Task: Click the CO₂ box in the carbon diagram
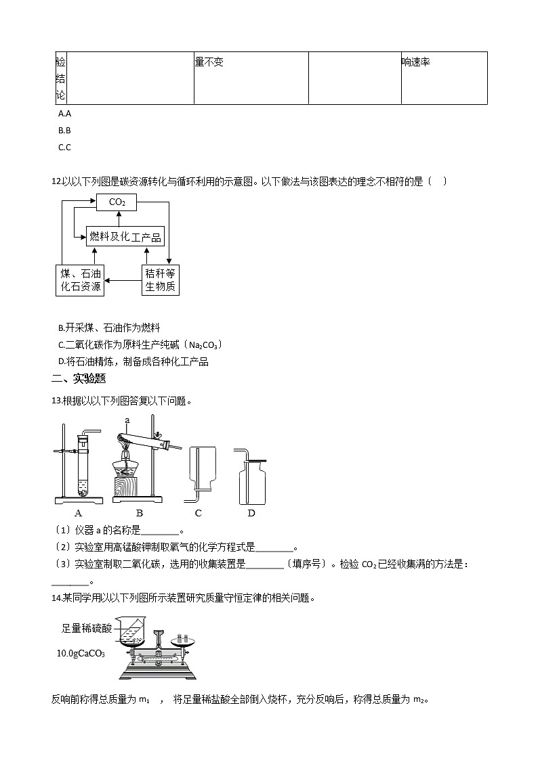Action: (x=117, y=202)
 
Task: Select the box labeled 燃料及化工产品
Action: (x=125, y=236)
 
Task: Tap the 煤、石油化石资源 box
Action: (x=80, y=280)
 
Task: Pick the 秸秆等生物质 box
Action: (x=160, y=280)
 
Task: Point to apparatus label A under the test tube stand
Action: (x=79, y=513)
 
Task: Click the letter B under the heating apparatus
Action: (x=140, y=513)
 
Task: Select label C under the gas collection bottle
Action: (x=198, y=513)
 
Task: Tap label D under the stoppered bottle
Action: (x=251, y=513)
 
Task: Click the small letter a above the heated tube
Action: (x=127, y=420)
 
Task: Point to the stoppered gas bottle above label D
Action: (x=251, y=478)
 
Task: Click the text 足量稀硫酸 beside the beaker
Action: (x=86, y=628)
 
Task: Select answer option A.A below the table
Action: (x=65, y=114)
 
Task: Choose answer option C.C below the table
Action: (x=65, y=147)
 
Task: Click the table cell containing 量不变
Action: (x=251, y=78)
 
